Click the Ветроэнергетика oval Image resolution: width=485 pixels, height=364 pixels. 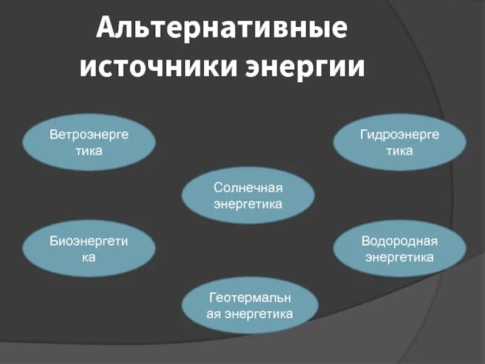click(89, 143)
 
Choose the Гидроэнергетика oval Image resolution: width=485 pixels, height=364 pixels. click(400, 143)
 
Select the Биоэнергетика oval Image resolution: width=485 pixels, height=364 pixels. click(89, 249)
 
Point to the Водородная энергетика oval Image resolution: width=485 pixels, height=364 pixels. click(400, 249)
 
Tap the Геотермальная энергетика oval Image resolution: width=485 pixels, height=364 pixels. click(250, 306)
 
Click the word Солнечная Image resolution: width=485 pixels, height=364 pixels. click(248, 189)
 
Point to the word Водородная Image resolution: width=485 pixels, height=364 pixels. click(400, 241)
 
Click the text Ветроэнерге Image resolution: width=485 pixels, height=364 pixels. click(89, 135)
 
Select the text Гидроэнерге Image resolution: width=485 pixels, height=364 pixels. click(400, 135)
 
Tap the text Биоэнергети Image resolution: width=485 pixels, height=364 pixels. click(89, 241)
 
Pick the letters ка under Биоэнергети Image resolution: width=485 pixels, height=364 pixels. click(89, 257)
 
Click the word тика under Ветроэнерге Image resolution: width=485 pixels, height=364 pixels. click(89, 150)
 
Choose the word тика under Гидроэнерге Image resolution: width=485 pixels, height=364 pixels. click(400, 150)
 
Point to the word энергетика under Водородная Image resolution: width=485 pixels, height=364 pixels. click(400, 257)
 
